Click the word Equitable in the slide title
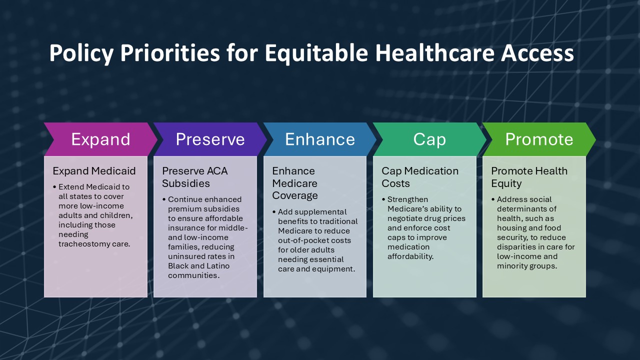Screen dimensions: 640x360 click(x=316, y=53)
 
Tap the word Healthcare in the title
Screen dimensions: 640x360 click(x=434, y=53)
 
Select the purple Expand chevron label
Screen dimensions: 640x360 click(x=100, y=139)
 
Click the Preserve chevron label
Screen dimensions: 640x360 click(x=210, y=139)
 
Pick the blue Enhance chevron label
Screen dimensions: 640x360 click(x=320, y=139)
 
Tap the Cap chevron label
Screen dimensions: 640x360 click(x=429, y=139)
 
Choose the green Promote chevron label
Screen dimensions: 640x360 click(x=539, y=139)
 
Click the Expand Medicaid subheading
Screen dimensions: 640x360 click(x=94, y=171)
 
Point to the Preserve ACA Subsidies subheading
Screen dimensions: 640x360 click(x=195, y=177)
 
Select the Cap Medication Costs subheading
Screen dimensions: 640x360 click(x=420, y=177)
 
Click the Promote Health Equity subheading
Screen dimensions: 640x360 click(x=529, y=177)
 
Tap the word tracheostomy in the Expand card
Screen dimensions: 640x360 click(x=84, y=244)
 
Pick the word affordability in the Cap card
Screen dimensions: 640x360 click(x=410, y=256)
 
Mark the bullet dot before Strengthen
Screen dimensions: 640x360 click(x=383, y=199)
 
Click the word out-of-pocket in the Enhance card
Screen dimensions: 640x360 click(x=303, y=240)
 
